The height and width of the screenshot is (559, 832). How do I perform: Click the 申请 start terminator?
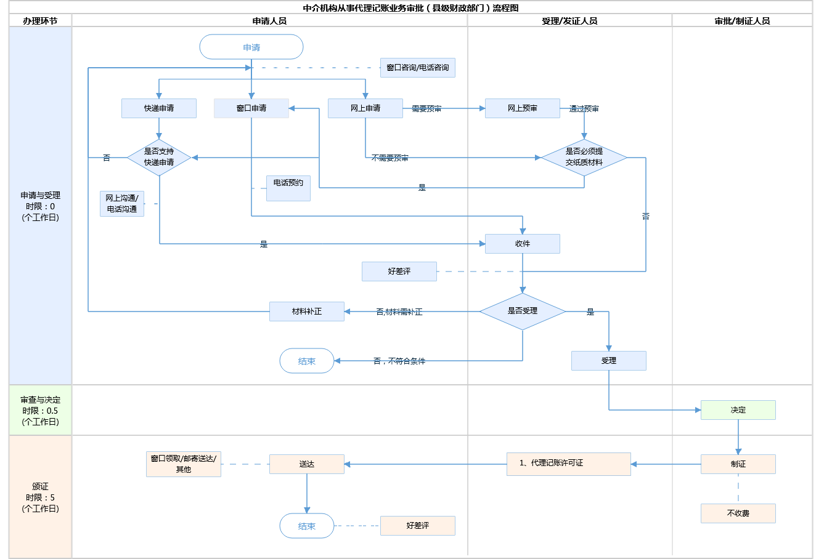pyautogui.click(x=251, y=47)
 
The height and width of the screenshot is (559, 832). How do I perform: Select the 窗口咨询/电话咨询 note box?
pyautogui.click(x=418, y=68)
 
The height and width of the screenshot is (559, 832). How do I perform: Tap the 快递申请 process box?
pyautogui.click(x=159, y=108)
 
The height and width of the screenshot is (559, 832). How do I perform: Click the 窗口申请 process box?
pyautogui.click(x=251, y=108)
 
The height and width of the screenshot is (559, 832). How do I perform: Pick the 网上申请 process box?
pyautogui.click(x=365, y=108)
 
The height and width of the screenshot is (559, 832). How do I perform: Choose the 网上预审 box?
pyautogui.click(x=523, y=108)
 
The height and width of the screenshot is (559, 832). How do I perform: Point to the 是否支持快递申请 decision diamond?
pyautogui.click(x=159, y=157)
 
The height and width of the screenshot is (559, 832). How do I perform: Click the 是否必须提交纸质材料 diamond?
pyautogui.click(x=584, y=157)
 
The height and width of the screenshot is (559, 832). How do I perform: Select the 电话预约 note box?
pyautogui.click(x=288, y=188)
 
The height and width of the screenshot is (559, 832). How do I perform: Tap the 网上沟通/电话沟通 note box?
pyautogui.click(x=122, y=204)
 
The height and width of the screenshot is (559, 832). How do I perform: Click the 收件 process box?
pyautogui.click(x=523, y=244)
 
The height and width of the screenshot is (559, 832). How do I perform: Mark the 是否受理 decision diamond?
pyautogui.click(x=523, y=312)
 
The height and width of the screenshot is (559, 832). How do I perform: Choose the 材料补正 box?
pyautogui.click(x=307, y=312)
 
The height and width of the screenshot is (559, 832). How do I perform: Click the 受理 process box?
pyautogui.click(x=609, y=361)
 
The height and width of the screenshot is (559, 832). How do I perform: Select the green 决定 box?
pyautogui.click(x=738, y=410)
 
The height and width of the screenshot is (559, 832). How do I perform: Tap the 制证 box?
pyautogui.click(x=738, y=464)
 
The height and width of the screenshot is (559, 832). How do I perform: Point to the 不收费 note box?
pyautogui.click(x=738, y=513)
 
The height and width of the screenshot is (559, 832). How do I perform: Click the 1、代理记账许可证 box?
pyautogui.click(x=569, y=464)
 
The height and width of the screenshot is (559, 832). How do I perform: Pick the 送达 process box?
pyautogui.click(x=307, y=464)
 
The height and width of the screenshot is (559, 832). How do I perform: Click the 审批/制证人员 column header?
pyautogui.click(x=742, y=21)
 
